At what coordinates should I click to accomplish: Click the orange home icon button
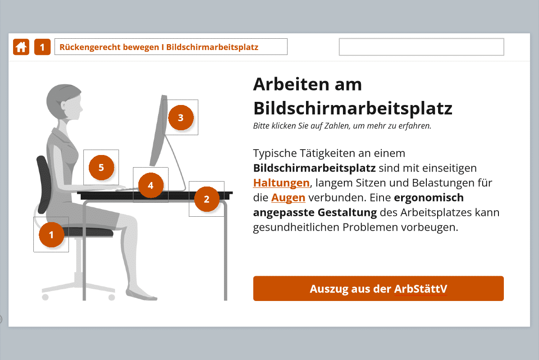point(21,47)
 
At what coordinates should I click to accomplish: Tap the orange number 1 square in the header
point(42,47)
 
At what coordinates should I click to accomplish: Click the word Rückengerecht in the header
point(90,47)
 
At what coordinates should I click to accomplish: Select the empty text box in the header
point(421,47)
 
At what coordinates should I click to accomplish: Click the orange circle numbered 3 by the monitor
point(181,118)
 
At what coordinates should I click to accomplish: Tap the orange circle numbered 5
point(101,168)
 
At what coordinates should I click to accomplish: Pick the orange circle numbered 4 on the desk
point(151,186)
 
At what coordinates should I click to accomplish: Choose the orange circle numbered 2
point(206,199)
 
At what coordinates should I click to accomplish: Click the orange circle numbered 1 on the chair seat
point(51,235)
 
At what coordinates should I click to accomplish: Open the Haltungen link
point(282,183)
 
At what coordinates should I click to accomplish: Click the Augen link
point(288,197)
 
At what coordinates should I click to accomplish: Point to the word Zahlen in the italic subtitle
point(337,126)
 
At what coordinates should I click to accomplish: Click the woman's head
point(64,102)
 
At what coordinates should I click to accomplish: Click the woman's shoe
point(141,294)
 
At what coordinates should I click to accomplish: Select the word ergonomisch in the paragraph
point(429,198)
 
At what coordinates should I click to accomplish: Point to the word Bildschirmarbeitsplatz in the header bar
point(212,47)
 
